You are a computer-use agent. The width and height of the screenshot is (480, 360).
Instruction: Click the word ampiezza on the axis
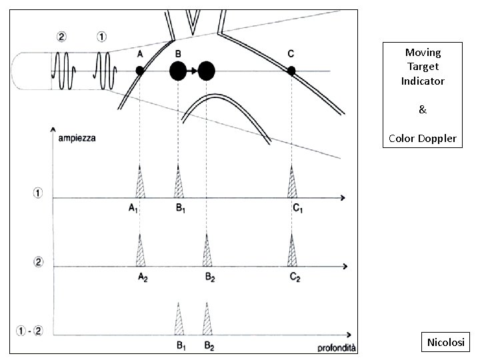click(x=76, y=138)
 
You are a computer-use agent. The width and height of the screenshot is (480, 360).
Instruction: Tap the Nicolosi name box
click(x=447, y=343)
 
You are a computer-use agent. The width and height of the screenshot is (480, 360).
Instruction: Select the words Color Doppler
click(x=422, y=139)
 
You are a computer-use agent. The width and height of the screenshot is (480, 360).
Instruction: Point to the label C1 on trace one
click(x=298, y=208)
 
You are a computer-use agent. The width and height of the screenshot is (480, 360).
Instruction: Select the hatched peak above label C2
click(x=292, y=251)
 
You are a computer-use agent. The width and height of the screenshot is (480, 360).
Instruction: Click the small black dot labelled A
click(x=140, y=70)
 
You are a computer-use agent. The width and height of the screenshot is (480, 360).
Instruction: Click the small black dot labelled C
click(x=291, y=70)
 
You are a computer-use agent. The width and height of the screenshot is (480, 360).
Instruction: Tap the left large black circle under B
click(x=178, y=70)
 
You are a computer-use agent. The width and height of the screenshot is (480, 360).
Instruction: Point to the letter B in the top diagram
click(x=177, y=53)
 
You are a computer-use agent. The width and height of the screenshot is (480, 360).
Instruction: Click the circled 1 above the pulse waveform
click(x=101, y=37)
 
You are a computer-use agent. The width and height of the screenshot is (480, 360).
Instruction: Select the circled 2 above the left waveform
click(x=61, y=37)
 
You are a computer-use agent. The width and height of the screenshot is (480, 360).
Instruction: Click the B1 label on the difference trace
click(x=181, y=345)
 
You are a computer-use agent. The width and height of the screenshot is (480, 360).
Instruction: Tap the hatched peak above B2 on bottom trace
click(x=207, y=320)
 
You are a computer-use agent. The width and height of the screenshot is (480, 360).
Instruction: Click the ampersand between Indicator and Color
click(x=422, y=109)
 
